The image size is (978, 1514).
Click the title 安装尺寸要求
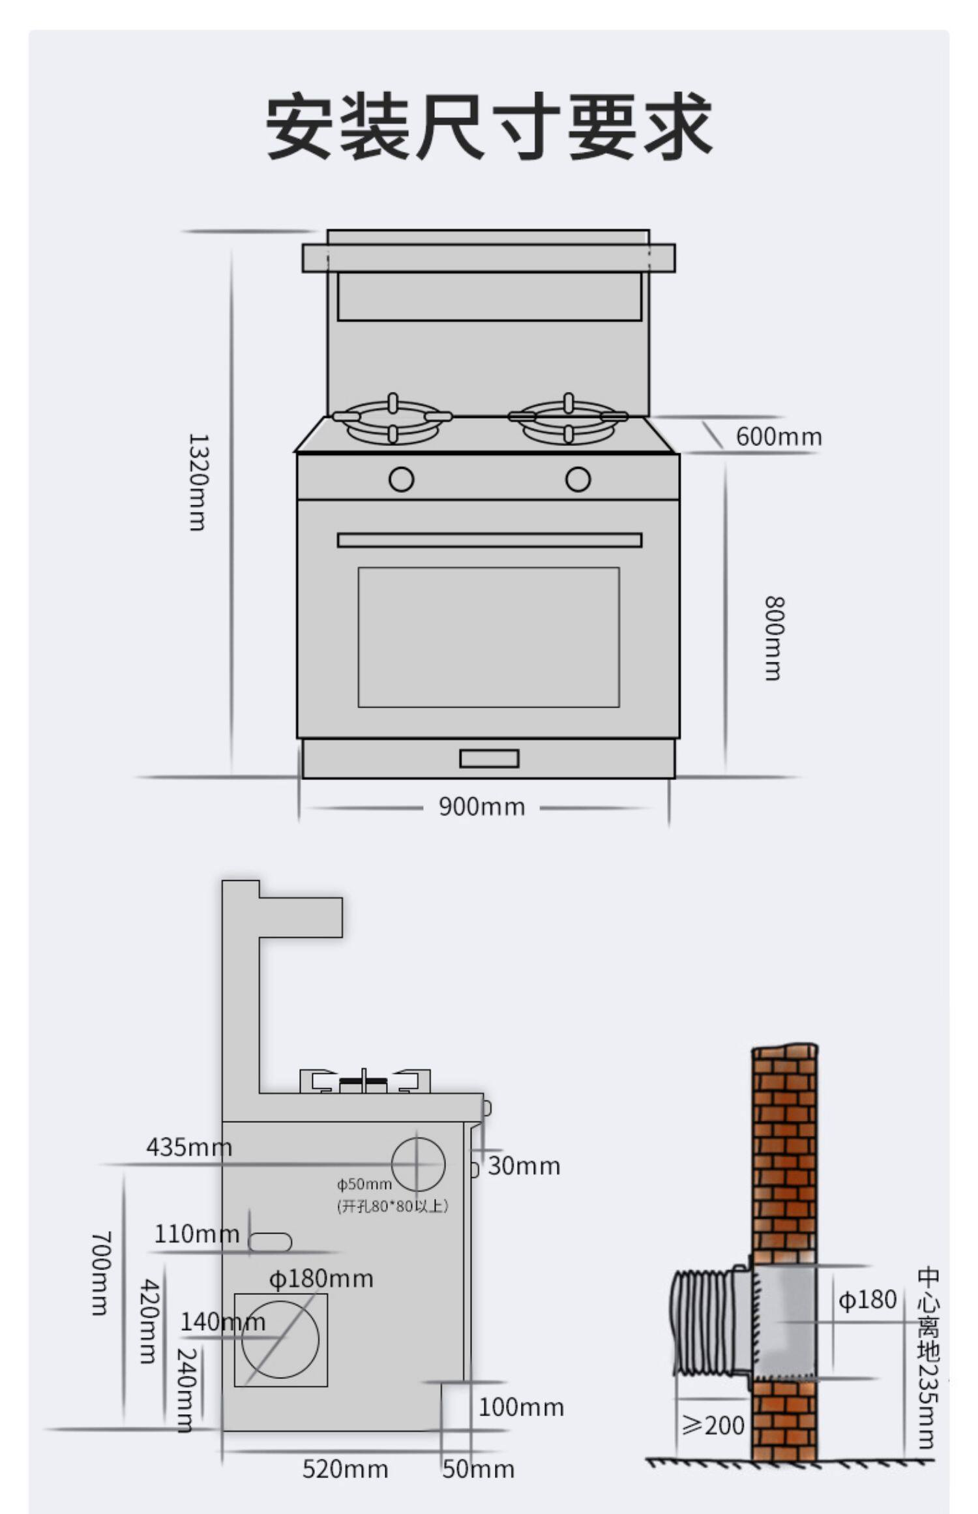click(488, 126)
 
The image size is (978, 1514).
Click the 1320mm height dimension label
click(198, 482)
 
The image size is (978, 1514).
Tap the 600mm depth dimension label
click(778, 437)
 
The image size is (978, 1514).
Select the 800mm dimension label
click(774, 638)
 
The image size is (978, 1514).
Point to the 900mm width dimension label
click(482, 807)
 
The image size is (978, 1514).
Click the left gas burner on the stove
click(393, 419)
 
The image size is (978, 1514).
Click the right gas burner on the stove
click(569, 419)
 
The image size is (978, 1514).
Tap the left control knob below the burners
click(401, 479)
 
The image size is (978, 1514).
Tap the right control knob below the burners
click(578, 479)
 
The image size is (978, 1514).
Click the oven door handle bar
click(490, 540)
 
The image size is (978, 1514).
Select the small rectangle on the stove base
click(489, 758)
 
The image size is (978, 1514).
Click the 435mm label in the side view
click(189, 1147)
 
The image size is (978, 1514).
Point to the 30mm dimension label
click(524, 1166)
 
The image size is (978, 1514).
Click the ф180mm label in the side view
click(321, 1279)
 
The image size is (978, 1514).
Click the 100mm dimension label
click(522, 1407)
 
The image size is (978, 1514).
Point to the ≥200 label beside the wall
click(713, 1426)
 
